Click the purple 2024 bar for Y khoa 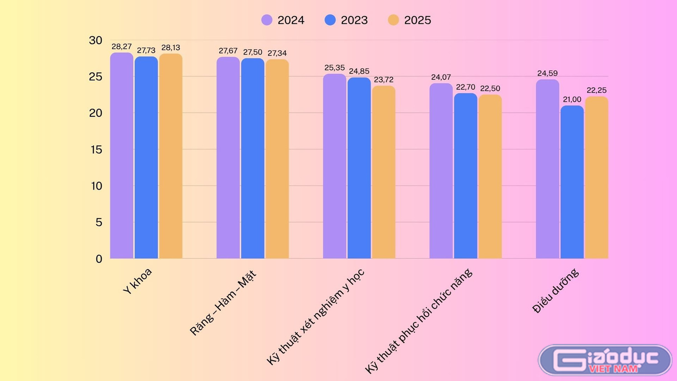point(121,155)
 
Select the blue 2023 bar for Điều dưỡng point(572,182)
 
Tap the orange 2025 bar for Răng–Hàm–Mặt point(277,159)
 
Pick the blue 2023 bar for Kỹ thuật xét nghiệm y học point(359,168)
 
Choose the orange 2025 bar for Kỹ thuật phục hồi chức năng point(490,177)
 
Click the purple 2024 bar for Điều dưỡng point(547,169)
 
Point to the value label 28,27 point(121,46)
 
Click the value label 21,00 point(572,99)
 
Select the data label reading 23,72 point(384,80)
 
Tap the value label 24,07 point(441,77)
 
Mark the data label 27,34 point(277,53)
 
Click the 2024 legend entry point(283,20)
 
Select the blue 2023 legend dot point(330,20)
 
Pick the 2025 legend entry point(409,20)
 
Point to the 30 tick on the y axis point(96,40)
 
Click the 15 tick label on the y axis point(97,149)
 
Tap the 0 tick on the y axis point(99,259)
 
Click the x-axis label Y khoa point(137,281)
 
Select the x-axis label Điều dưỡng point(556,291)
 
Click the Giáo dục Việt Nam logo point(605,360)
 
